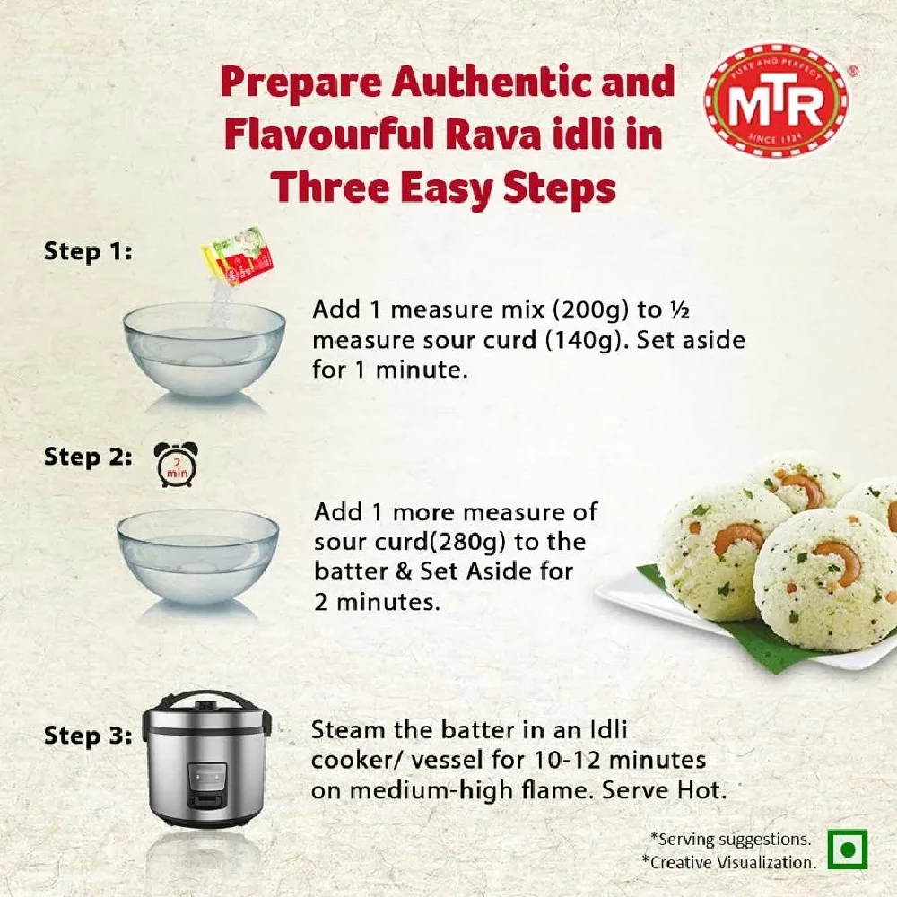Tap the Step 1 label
pos(88,252)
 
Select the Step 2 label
pos(88,457)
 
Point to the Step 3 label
pos(88,736)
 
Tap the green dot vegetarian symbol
pos(847,848)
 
